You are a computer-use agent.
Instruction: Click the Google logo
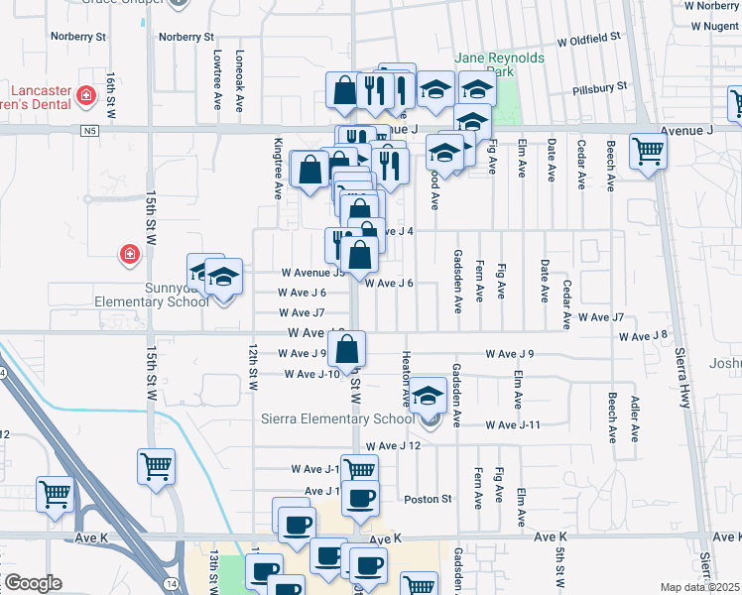(32, 582)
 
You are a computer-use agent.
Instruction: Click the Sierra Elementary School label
(335, 419)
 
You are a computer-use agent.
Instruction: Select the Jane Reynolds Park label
(500, 65)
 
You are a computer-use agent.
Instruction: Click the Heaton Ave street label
(406, 378)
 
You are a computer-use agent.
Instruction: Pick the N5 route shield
(91, 130)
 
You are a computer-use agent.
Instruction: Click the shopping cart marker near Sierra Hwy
(649, 152)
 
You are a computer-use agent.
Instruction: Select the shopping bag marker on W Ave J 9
(347, 349)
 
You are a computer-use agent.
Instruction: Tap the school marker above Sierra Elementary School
(429, 395)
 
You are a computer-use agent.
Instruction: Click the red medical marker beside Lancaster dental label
(87, 96)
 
